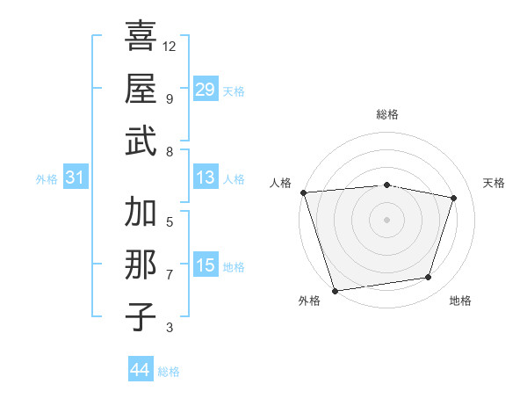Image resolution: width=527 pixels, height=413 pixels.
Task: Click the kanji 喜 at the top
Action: click(141, 37)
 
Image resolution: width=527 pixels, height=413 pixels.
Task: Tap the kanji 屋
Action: click(141, 88)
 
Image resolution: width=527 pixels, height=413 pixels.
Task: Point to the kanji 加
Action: click(141, 212)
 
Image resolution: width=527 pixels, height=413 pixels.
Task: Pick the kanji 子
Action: click(141, 315)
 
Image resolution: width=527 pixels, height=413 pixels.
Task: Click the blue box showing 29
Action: click(205, 90)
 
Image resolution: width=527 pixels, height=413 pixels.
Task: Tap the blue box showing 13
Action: click(205, 178)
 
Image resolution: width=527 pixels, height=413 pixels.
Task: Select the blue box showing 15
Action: click(205, 265)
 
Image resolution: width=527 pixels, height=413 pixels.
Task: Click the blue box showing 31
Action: click(75, 178)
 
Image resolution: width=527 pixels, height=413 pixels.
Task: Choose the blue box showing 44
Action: click(140, 370)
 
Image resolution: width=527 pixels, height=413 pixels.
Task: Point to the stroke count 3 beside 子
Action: click(170, 328)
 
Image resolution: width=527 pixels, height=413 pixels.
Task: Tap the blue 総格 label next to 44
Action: click(169, 372)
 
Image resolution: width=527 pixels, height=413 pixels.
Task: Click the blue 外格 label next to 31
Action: click(47, 179)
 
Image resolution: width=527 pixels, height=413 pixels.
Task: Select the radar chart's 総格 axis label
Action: click(386, 114)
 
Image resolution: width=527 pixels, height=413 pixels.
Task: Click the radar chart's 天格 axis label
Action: click(494, 183)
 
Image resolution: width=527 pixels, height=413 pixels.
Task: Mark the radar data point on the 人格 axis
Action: click(303, 192)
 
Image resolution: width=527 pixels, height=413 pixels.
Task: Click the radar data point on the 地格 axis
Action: click(429, 278)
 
